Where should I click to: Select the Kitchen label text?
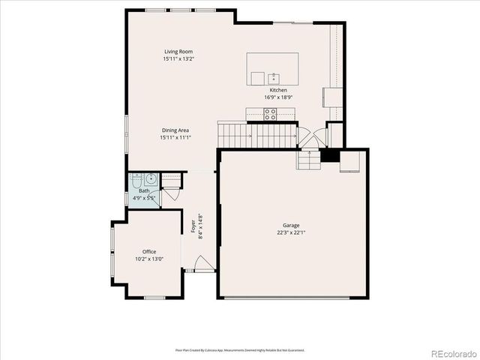click(278, 90)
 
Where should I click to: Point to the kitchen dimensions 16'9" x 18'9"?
click(278, 97)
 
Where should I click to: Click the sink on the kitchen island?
click(274, 77)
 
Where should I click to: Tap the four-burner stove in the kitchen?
click(270, 114)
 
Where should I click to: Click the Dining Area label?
click(174, 130)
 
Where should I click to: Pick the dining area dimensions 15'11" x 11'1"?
click(174, 137)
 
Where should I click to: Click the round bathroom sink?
click(151, 178)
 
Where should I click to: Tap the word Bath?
click(143, 191)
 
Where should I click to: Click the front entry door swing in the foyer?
click(202, 263)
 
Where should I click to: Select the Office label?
click(149, 251)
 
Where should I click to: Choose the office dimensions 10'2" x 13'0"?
click(149, 259)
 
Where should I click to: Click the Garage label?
click(291, 225)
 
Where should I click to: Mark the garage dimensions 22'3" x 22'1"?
click(291, 232)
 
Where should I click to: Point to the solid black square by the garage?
click(328, 157)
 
